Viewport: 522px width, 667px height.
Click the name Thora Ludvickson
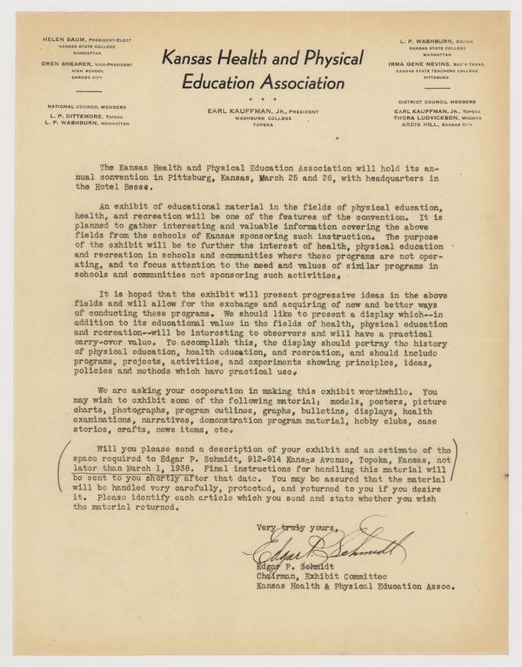click(421, 120)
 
